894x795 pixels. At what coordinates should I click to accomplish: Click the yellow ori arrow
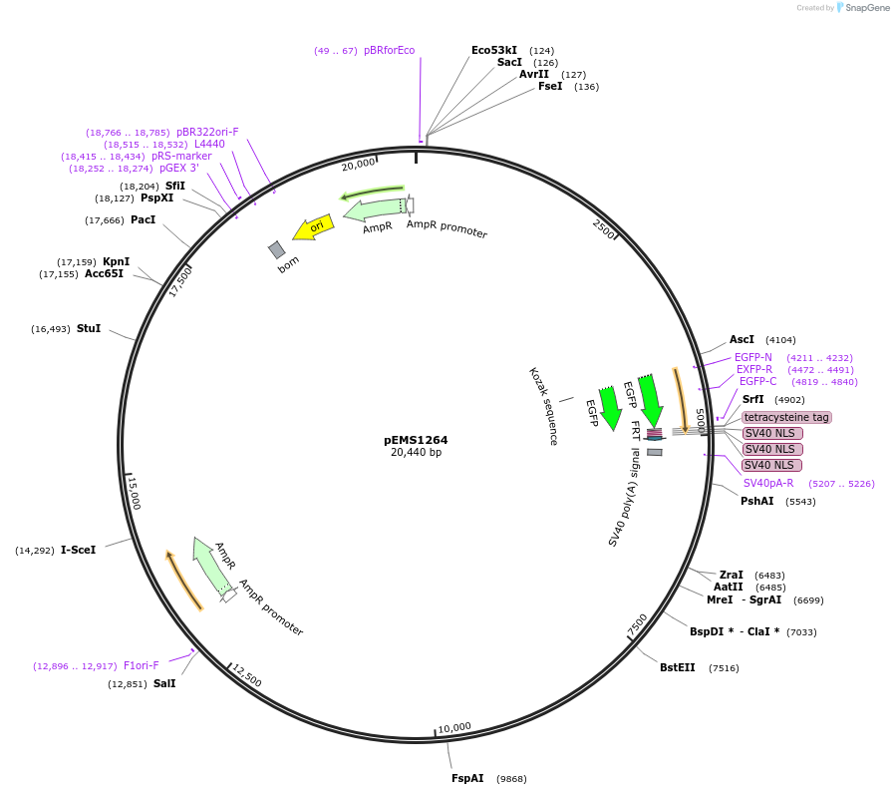[x=313, y=227]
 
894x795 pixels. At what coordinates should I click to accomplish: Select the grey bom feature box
[x=277, y=249]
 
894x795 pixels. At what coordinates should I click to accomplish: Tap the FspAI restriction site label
[x=467, y=778]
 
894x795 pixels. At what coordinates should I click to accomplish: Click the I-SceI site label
[x=78, y=550]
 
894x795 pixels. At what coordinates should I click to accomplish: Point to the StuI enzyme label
[x=89, y=328]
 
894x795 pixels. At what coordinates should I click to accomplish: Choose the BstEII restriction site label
[x=678, y=667]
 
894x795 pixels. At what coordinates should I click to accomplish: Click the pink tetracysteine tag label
[x=786, y=417]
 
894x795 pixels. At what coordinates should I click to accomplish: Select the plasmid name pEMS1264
[x=416, y=440]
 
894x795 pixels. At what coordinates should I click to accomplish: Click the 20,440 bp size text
[x=416, y=453]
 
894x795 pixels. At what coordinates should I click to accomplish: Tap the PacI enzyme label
[x=143, y=219]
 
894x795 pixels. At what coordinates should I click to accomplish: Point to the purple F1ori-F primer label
[x=142, y=665]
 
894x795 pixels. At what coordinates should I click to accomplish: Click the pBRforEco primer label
[x=389, y=50]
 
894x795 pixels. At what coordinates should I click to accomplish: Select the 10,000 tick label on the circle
[x=454, y=727]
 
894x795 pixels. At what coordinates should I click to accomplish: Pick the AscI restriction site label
[x=742, y=339]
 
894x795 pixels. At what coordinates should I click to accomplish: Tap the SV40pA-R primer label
[x=768, y=483]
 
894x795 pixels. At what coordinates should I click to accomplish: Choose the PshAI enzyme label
[x=756, y=501]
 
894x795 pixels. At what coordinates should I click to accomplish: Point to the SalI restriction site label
[x=164, y=683]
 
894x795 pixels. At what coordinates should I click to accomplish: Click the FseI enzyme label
[x=550, y=86]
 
